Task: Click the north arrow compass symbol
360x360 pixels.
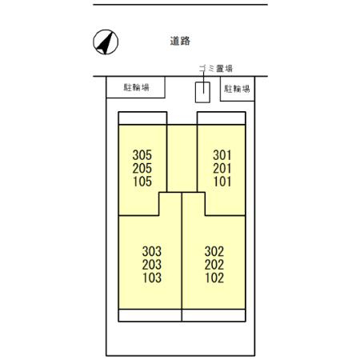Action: pyautogui.click(x=106, y=42)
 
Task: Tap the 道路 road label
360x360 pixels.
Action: pyautogui.click(x=180, y=41)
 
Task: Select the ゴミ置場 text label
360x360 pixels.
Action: pyautogui.click(x=216, y=69)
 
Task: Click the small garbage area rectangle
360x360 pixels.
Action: pyautogui.click(x=202, y=92)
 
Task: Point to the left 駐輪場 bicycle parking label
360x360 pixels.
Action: pyautogui.click(x=136, y=87)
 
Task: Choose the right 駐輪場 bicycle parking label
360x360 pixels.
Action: pyautogui.click(x=237, y=89)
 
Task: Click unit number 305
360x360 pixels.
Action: pyautogui.click(x=142, y=155)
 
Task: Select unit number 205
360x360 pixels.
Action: pyautogui.click(x=142, y=168)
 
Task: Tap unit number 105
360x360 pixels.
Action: pyautogui.click(x=142, y=182)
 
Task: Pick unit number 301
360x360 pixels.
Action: pyautogui.click(x=222, y=155)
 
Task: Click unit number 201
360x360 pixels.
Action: pyautogui.click(x=222, y=168)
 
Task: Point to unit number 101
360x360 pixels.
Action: pyautogui.click(x=222, y=182)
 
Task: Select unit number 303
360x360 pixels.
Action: pyautogui.click(x=152, y=251)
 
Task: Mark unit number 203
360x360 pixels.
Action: pyautogui.click(x=152, y=265)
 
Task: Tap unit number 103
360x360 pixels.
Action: pyautogui.click(x=152, y=278)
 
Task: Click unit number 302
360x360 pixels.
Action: pyautogui.click(x=214, y=251)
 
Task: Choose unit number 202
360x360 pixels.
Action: pyautogui.click(x=214, y=265)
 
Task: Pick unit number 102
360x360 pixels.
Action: pyautogui.click(x=214, y=278)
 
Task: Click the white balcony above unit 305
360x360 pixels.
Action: pyautogui.click(x=142, y=118)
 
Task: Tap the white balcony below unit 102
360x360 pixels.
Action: pyautogui.click(x=214, y=315)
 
